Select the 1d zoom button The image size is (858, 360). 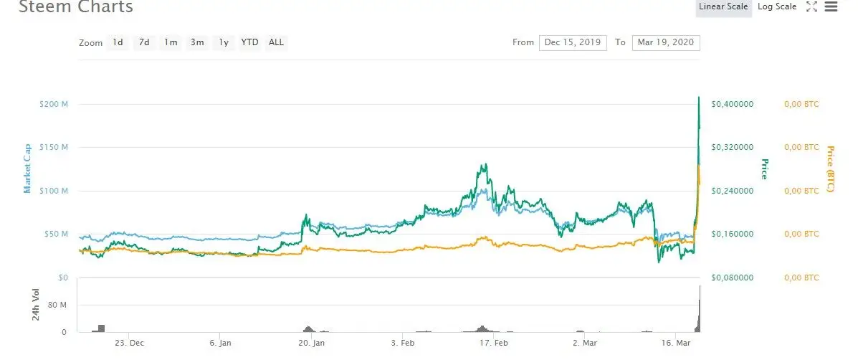(x=118, y=42)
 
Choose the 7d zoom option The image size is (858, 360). (x=144, y=42)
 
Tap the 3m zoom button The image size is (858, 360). (x=197, y=42)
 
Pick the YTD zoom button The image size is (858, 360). (x=249, y=42)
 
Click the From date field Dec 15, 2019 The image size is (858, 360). (x=573, y=42)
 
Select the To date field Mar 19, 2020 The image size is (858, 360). (x=666, y=42)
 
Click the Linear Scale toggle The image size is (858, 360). (x=723, y=7)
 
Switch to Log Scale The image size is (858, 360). (x=777, y=7)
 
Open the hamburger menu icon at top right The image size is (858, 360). (x=831, y=7)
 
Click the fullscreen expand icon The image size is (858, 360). (x=812, y=7)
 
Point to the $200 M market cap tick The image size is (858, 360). (x=54, y=104)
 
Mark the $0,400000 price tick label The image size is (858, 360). (x=732, y=104)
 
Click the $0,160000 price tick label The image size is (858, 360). (x=732, y=234)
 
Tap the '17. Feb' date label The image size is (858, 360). (x=494, y=344)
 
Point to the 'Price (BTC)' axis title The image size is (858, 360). (x=830, y=169)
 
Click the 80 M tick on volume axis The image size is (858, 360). (x=58, y=305)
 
